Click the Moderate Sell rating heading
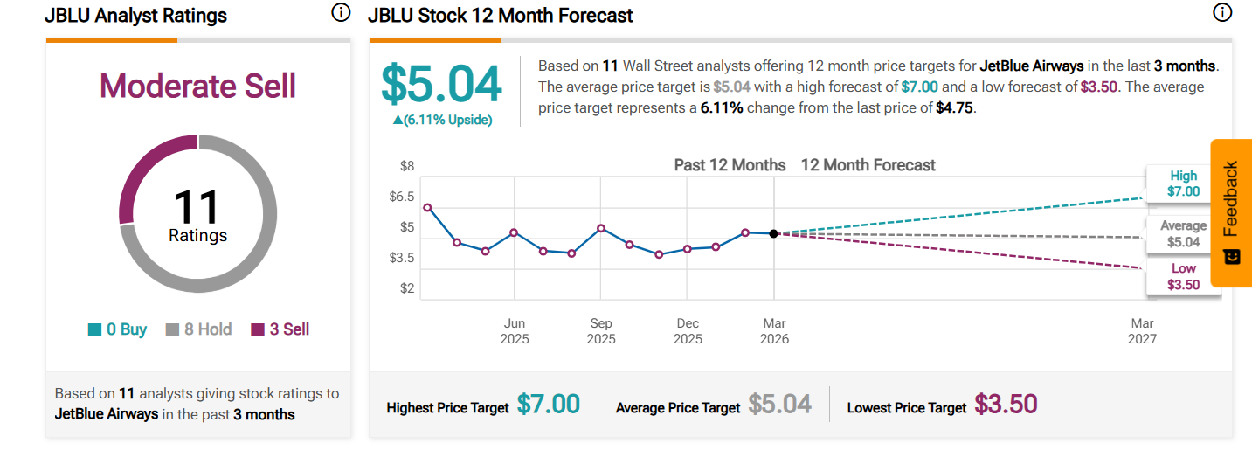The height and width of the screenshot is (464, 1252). tap(197, 87)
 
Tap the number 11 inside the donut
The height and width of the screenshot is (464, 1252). tap(197, 208)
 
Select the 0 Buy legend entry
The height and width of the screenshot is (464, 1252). tap(117, 329)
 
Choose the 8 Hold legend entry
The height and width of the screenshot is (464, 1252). tap(198, 329)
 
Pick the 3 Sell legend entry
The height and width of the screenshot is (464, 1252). tap(280, 329)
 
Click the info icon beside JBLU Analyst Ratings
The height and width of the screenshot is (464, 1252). tap(341, 13)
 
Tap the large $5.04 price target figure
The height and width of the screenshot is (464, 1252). tap(441, 84)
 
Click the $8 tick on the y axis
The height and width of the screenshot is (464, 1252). tap(407, 166)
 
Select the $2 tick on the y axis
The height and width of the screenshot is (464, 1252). tap(407, 288)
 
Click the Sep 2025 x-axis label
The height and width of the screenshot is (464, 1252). tap(601, 331)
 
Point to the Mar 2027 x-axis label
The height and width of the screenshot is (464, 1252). tap(1143, 331)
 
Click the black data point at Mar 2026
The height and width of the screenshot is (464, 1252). tap(774, 233)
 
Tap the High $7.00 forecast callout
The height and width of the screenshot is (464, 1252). tap(1184, 184)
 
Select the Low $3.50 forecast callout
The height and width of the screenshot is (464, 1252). tap(1184, 277)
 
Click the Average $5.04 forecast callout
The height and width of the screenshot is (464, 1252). tap(1183, 233)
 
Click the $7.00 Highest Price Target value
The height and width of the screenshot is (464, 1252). tap(549, 405)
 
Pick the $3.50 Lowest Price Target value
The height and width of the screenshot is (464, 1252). tap(1006, 405)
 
